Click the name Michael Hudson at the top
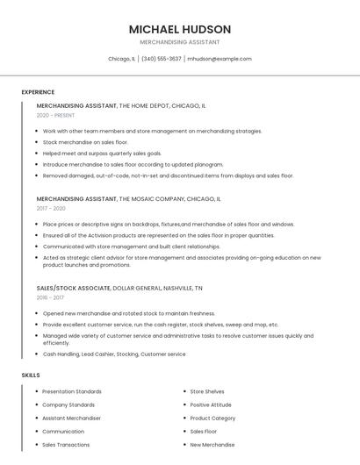tap(180, 29)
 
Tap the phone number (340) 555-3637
tap(161, 59)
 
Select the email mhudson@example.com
tap(220, 59)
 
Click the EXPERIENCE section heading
tap(38, 92)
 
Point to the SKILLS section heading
tap(31, 376)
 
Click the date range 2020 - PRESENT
tap(55, 115)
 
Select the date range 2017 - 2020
tap(51, 209)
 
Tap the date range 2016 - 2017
tap(50, 297)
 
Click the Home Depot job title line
tap(121, 105)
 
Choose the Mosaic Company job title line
tap(128, 199)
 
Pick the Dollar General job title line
tap(119, 288)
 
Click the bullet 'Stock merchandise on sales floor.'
tap(85, 142)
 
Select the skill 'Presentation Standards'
tap(72, 391)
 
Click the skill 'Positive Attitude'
tap(211, 404)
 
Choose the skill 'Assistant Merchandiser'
tap(72, 418)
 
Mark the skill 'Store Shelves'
tap(207, 391)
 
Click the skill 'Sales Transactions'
tap(66, 445)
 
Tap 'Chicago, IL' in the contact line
tap(121, 59)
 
